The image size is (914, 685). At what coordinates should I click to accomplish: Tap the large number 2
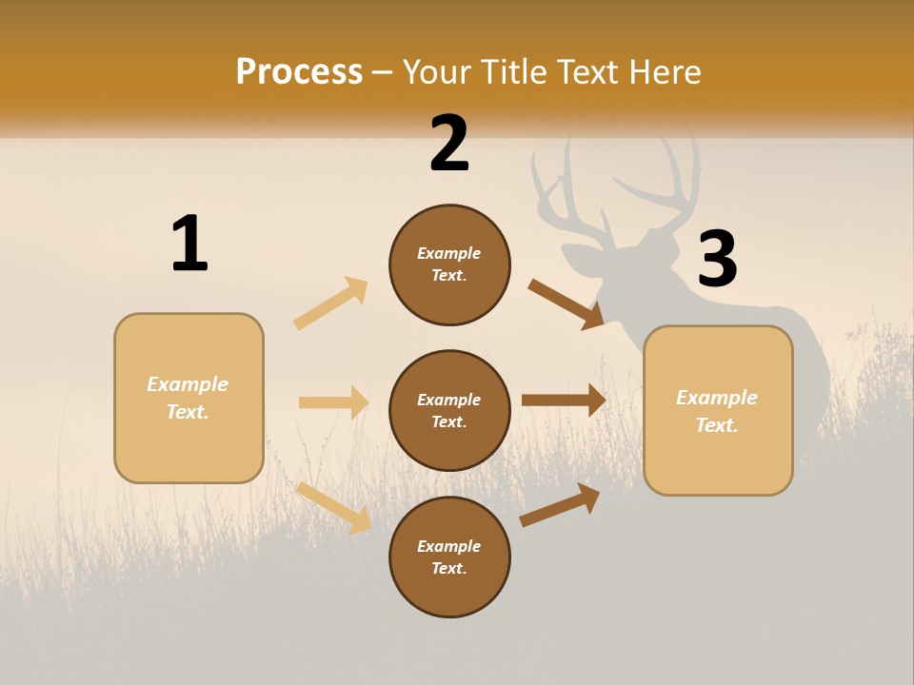(449, 144)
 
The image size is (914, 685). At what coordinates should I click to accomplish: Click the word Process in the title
(299, 71)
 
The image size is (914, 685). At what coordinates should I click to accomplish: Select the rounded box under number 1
(189, 398)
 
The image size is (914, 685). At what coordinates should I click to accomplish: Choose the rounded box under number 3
(718, 410)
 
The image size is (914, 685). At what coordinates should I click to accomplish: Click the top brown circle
(449, 264)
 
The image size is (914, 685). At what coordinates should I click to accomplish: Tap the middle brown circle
(449, 410)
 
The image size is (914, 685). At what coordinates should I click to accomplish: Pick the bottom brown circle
(449, 557)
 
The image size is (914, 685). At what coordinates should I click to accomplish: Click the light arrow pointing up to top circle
(331, 303)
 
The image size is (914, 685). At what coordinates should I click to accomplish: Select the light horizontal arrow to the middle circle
(333, 402)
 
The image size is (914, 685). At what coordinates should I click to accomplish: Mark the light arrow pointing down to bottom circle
(333, 507)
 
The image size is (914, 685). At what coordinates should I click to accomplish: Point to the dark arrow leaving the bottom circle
(560, 504)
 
